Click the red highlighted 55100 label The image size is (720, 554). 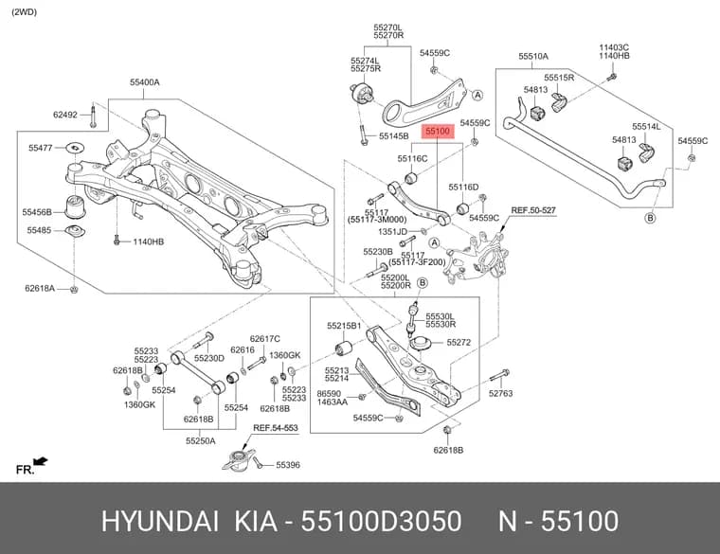coord(438,132)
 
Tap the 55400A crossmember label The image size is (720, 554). coord(145,82)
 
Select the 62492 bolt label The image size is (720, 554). coord(65,115)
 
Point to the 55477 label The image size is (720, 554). coord(41,148)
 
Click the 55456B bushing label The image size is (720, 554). coord(37,212)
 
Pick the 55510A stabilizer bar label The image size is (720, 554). coord(533,57)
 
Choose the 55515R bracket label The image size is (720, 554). coord(559,78)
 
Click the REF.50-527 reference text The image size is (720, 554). coord(533,210)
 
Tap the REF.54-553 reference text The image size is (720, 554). coord(276,428)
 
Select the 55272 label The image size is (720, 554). coord(459,343)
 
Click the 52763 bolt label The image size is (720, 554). coord(500,393)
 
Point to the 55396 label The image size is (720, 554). coord(288,465)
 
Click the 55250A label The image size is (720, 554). coord(201,441)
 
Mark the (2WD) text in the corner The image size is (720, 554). coord(24,12)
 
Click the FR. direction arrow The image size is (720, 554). coord(42,460)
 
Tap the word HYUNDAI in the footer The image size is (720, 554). coord(159,522)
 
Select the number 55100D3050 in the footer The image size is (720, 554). coord(381,522)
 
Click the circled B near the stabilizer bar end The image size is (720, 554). coord(650,218)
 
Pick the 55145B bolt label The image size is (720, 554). coord(393,135)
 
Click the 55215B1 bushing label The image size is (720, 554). coord(345,326)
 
